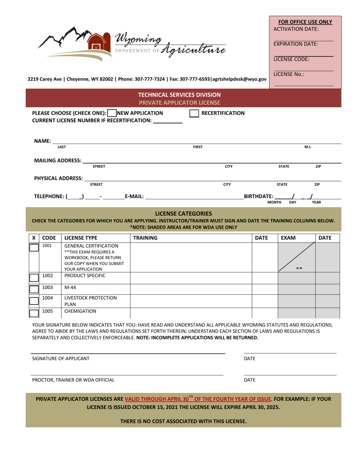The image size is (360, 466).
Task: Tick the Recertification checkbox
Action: coord(194,113)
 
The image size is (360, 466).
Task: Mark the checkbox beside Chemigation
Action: coord(34,313)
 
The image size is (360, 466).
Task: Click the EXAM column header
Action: coord(288,238)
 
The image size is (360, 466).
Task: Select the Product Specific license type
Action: coord(85,275)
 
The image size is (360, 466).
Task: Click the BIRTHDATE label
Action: coord(258,196)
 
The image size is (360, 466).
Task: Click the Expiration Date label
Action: coord(296,44)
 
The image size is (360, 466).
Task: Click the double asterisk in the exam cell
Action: coord(299,269)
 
